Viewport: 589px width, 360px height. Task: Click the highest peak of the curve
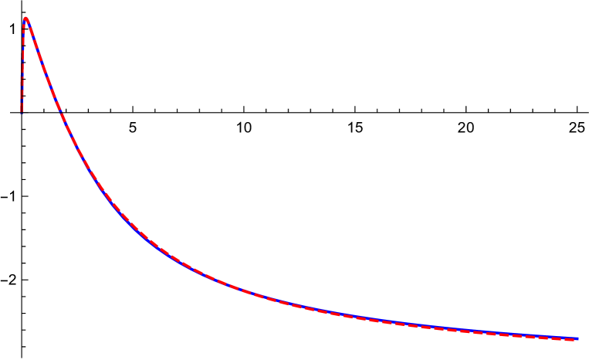pos(25,19)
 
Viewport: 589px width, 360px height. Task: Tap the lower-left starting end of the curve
pos(22,111)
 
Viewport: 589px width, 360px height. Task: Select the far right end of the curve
pos(577,338)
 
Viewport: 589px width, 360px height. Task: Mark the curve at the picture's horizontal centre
pos(294,304)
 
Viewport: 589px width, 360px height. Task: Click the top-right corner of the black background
pos(587,1)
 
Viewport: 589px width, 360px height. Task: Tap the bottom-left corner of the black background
pos(1,358)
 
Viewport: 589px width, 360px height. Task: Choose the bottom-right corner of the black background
pos(587,358)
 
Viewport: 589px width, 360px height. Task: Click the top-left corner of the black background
pos(1,1)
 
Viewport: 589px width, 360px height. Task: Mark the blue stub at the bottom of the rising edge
pos(22,104)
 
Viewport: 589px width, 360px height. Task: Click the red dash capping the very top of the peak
pos(26,19)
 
